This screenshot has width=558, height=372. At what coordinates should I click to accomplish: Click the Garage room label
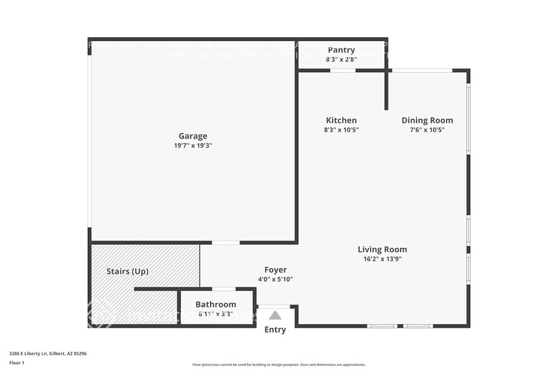[x=192, y=136]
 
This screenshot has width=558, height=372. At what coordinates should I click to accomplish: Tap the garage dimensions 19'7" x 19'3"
[x=192, y=146]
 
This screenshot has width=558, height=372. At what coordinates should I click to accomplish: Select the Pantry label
[x=341, y=50]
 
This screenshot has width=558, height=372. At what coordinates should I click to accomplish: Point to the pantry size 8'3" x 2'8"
[x=341, y=59]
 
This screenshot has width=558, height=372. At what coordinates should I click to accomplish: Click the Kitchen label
[x=341, y=120]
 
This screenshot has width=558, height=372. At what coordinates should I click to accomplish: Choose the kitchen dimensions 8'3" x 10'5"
[x=341, y=130]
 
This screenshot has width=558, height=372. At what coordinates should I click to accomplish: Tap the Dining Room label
[x=427, y=120]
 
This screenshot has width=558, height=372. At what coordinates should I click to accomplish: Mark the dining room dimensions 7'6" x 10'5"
[x=427, y=130]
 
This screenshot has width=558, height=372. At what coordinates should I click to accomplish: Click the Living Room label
[x=382, y=249]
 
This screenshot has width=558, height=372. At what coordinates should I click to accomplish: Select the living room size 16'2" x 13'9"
[x=382, y=259]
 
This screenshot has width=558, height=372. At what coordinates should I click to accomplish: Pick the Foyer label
[x=275, y=270]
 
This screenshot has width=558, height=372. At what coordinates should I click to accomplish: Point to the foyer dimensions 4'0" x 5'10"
[x=275, y=279]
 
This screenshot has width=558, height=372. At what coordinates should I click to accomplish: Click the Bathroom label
[x=216, y=304]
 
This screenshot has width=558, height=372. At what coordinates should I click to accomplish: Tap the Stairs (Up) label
[x=127, y=271]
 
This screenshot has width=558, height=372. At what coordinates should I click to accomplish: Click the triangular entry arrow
[x=275, y=315]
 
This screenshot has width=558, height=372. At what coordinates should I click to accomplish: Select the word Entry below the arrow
[x=275, y=330]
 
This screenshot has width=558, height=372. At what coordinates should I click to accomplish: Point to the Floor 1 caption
[x=16, y=363]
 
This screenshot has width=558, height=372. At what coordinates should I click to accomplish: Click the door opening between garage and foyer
[x=226, y=242]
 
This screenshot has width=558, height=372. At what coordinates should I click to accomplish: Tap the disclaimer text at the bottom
[x=279, y=364]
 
